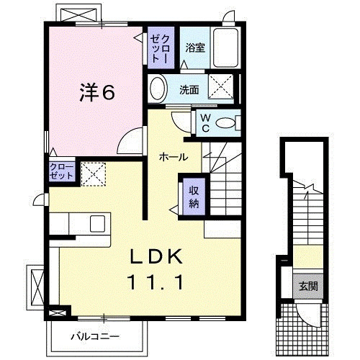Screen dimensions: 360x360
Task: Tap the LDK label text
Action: [158, 257]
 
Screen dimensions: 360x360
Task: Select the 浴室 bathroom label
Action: [194, 48]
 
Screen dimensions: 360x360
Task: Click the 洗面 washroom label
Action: [189, 90]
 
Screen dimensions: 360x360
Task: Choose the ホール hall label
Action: [174, 157]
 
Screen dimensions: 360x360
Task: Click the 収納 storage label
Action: [194, 195]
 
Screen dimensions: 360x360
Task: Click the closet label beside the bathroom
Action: [158, 46]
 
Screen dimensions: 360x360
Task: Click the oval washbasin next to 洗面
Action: [158, 90]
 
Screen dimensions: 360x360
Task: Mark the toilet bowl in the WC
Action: [229, 123]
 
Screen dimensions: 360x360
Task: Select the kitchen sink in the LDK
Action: [97, 223]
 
